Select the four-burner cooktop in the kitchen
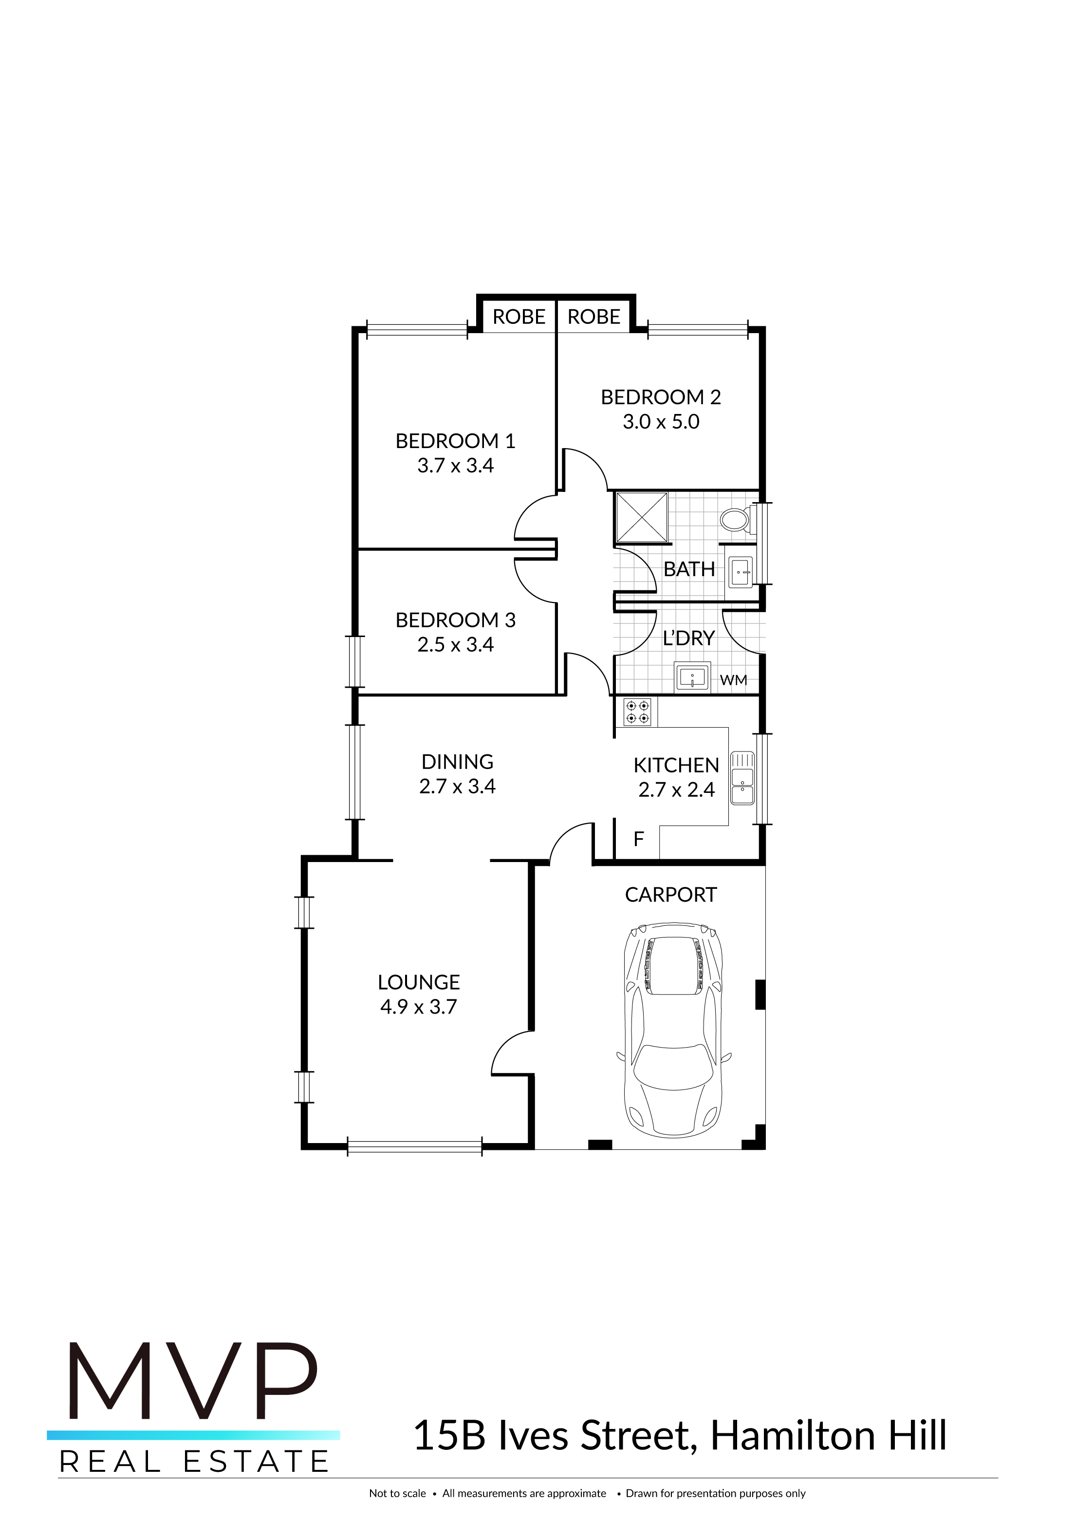coord(637,712)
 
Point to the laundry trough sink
coord(692,677)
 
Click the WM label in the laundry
coord(733,680)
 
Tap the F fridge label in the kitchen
coord(638,839)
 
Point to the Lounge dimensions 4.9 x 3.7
coord(419,1006)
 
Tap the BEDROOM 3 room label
coord(455,620)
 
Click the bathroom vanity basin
coord(741,572)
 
